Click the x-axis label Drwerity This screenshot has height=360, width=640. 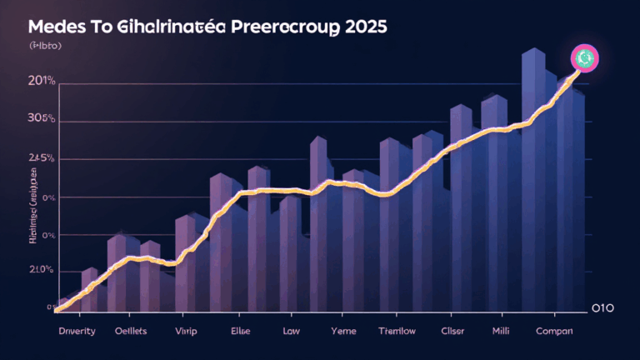(x=76, y=331)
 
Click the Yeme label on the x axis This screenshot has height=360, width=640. (x=343, y=331)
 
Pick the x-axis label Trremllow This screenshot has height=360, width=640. (x=397, y=331)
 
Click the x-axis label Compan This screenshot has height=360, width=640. (x=554, y=331)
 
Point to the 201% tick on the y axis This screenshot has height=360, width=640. (x=40, y=82)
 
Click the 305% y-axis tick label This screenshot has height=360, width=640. (x=40, y=119)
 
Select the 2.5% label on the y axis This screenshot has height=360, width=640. (x=41, y=158)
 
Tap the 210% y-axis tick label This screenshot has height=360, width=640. (x=40, y=271)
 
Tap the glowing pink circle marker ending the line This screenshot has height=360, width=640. (x=584, y=58)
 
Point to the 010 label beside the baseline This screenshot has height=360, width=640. (x=602, y=308)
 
